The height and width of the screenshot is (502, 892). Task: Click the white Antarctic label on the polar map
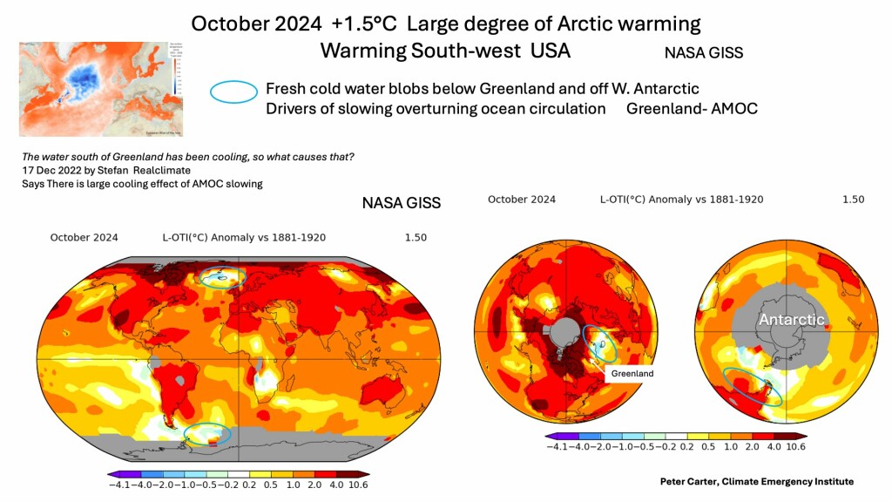tap(791, 320)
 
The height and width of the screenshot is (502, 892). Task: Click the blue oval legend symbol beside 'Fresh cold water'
tap(234, 90)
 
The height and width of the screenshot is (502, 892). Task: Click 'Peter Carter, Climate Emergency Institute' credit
tap(756, 481)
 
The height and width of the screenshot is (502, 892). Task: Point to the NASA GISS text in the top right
tap(703, 52)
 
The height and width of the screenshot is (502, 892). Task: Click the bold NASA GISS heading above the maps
tap(401, 203)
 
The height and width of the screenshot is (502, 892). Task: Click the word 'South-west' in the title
tap(456, 51)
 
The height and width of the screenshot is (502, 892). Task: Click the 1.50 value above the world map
tap(416, 237)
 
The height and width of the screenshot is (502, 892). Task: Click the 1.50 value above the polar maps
tap(853, 200)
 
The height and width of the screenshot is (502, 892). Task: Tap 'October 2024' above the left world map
tap(84, 237)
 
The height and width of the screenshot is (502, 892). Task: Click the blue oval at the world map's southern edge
tap(208, 434)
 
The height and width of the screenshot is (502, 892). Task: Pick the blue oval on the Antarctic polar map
tap(753, 386)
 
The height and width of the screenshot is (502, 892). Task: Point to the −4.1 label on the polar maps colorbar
tap(558, 446)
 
